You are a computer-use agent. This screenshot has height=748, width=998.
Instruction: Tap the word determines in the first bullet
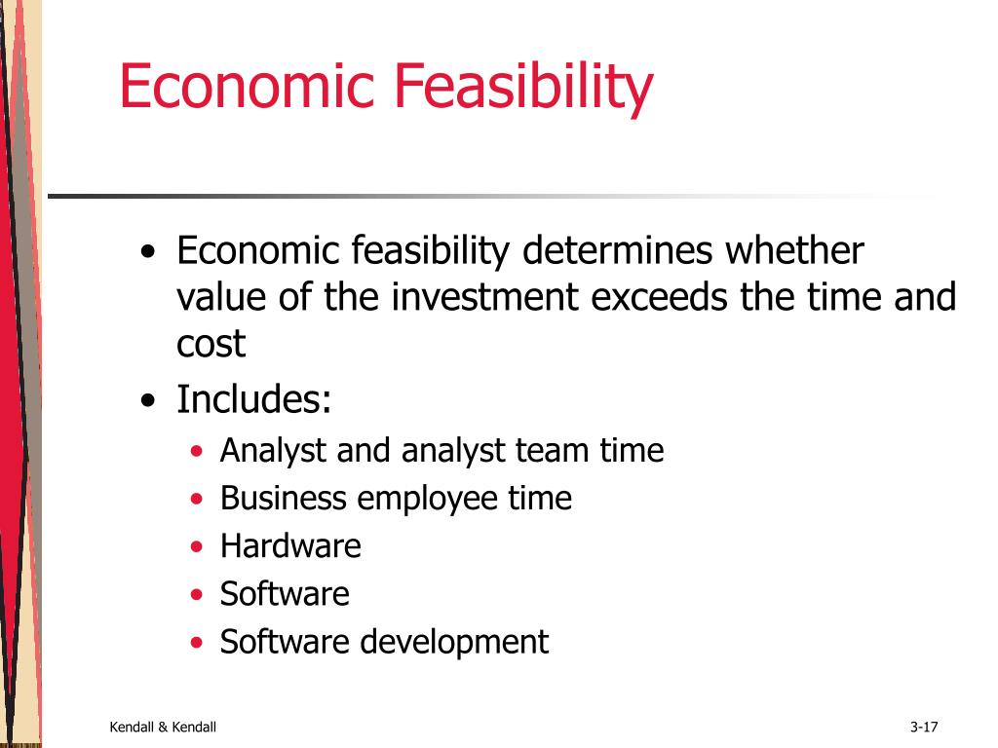617,250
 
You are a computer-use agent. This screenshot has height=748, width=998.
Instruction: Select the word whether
794,250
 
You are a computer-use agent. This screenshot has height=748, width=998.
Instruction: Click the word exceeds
659,297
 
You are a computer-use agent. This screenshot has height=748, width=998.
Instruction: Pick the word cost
211,346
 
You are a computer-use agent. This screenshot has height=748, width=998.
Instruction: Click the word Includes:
254,399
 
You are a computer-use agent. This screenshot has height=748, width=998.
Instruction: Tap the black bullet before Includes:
148,400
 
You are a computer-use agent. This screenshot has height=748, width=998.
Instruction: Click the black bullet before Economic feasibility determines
148,251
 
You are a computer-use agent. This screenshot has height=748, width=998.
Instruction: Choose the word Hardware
290,545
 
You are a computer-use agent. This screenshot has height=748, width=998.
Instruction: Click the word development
454,643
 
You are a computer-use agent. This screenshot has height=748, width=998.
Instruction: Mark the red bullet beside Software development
197,643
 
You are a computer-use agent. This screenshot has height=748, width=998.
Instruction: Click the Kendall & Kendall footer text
163,727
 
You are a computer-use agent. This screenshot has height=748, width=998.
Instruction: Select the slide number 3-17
924,727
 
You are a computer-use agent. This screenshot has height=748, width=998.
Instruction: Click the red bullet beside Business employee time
197,499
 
